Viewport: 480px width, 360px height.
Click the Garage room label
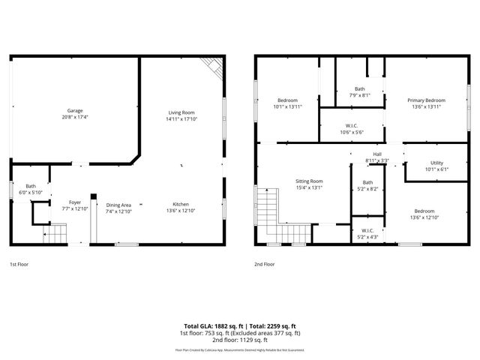(x=75, y=110)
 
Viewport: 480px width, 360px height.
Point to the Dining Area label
(x=118, y=205)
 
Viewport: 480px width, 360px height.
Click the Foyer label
(x=75, y=202)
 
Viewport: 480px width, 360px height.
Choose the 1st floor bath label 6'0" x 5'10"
(x=31, y=193)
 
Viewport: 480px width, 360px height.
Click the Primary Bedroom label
(x=426, y=100)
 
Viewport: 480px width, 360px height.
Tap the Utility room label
(x=436, y=163)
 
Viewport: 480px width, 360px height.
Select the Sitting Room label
(x=308, y=181)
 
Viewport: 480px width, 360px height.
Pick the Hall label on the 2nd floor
(x=377, y=154)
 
